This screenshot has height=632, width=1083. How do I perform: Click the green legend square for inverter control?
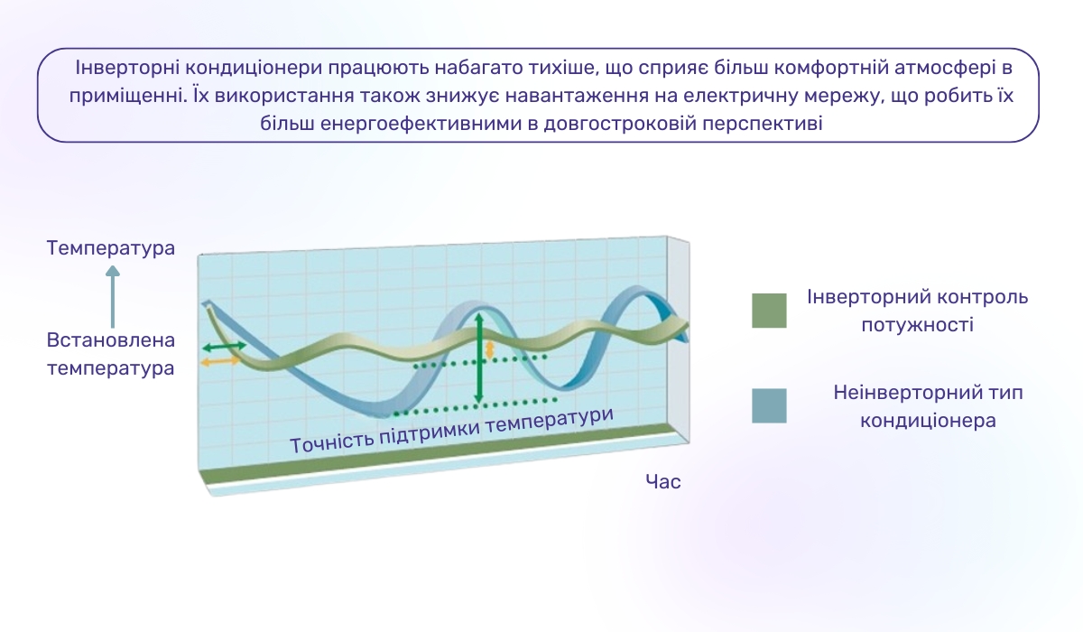click(x=769, y=310)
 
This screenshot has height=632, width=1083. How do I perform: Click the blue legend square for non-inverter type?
click(x=769, y=405)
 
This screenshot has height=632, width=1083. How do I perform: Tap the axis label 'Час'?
click(x=663, y=481)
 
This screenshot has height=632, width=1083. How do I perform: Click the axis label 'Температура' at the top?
click(x=111, y=247)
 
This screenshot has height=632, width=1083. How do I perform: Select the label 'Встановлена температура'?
click(x=111, y=354)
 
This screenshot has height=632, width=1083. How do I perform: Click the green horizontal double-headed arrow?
click(x=223, y=347)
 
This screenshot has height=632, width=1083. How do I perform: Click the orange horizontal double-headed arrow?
click(x=220, y=361)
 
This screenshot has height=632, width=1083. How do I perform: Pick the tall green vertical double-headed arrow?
click(x=479, y=358)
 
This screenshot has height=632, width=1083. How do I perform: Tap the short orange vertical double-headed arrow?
click(x=490, y=349)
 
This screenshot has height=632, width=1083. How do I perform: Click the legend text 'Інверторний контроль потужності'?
click(x=917, y=310)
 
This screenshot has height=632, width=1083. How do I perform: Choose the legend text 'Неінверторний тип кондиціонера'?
click(x=928, y=406)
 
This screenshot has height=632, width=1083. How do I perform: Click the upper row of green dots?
click(x=478, y=362)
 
